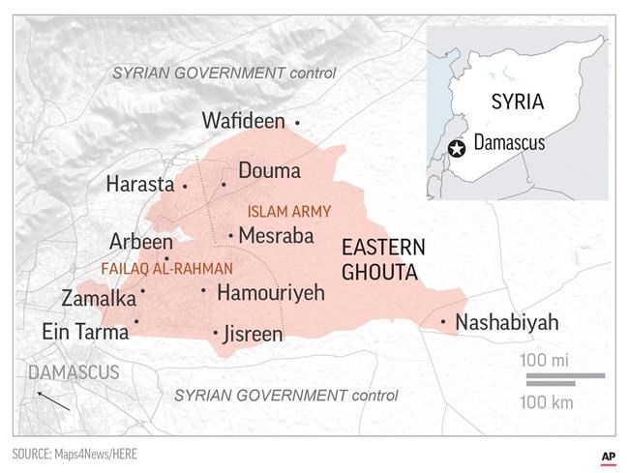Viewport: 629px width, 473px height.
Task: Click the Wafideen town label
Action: (243, 121)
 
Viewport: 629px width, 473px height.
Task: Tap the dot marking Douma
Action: (224, 184)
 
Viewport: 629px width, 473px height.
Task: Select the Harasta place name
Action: (140, 184)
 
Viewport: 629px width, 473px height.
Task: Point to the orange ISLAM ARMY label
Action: (289, 211)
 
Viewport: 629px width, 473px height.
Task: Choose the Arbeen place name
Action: (141, 242)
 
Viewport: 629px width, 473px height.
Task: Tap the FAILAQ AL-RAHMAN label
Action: (166, 268)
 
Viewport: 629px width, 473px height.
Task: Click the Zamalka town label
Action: (99, 298)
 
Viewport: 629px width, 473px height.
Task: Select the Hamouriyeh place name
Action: (270, 292)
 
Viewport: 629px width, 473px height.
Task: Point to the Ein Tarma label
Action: (85, 332)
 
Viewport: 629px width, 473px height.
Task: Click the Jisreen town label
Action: (253, 335)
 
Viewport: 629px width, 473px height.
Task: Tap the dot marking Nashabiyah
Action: (443, 322)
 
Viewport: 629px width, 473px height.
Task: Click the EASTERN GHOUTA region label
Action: (381, 260)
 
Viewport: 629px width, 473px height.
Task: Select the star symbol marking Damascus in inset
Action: (458, 147)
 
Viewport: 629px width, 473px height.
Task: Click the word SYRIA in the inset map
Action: (517, 102)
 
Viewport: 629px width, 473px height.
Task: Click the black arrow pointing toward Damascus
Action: (52, 399)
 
